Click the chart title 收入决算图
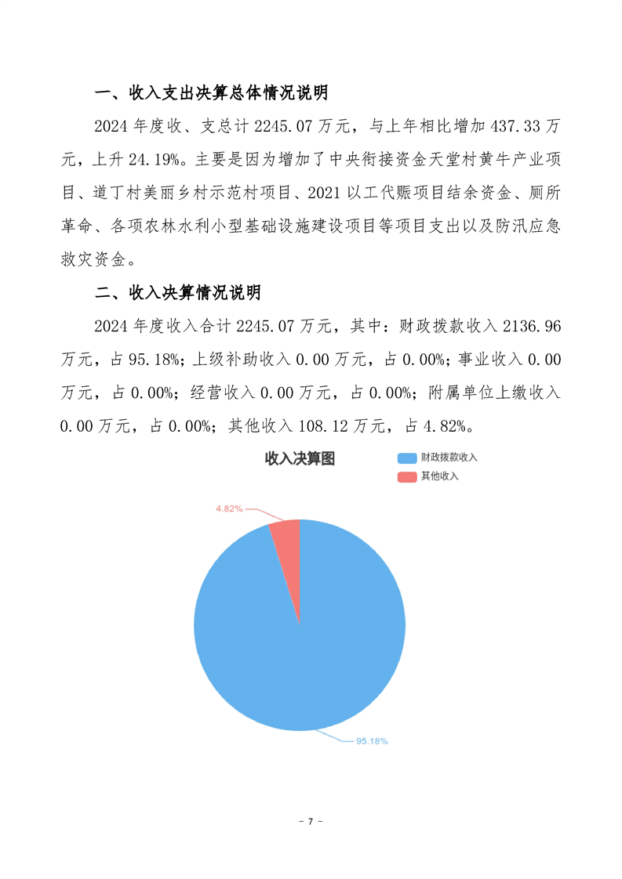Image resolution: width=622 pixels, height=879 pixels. (x=300, y=459)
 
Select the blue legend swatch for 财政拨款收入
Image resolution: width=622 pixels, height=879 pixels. (x=406, y=458)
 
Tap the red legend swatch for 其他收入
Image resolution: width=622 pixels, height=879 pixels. (x=406, y=476)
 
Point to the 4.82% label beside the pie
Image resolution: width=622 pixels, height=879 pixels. (x=229, y=508)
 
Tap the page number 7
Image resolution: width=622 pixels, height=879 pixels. (x=311, y=822)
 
